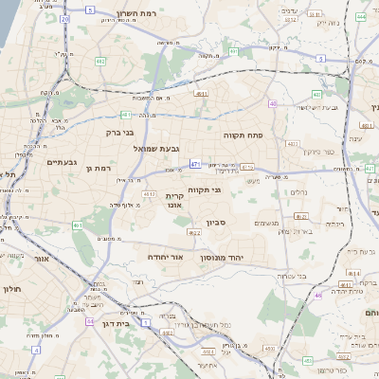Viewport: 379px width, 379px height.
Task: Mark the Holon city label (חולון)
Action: tap(11, 289)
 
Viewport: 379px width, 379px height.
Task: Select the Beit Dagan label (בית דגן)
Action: tap(113, 322)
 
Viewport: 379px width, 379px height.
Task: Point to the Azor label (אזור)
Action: tap(41, 258)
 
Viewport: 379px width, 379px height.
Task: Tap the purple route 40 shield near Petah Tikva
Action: tap(273, 103)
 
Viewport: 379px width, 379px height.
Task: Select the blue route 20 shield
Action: tap(64, 18)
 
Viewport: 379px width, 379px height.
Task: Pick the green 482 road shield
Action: tap(99, 62)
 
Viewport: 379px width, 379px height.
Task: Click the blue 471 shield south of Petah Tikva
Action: tap(194, 163)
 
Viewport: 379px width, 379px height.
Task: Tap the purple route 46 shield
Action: tap(318, 295)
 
